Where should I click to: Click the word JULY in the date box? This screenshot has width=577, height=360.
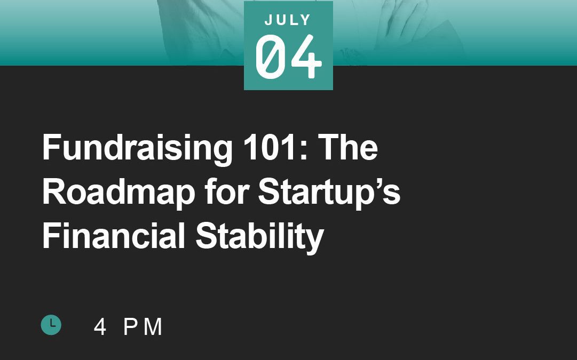pos(288,20)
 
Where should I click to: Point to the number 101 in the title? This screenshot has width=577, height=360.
pos(270,147)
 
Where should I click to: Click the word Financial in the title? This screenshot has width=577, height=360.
pos(113,236)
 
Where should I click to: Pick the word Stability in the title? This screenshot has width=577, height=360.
pos(259,237)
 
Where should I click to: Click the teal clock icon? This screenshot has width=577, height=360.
pos(51,325)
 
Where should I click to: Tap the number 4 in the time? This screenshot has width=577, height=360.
pos(100,326)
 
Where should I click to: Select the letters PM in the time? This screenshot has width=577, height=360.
pos(143,326)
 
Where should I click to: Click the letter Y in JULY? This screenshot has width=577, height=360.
pos(306,20)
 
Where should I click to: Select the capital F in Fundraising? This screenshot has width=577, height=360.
pos(51,147)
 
